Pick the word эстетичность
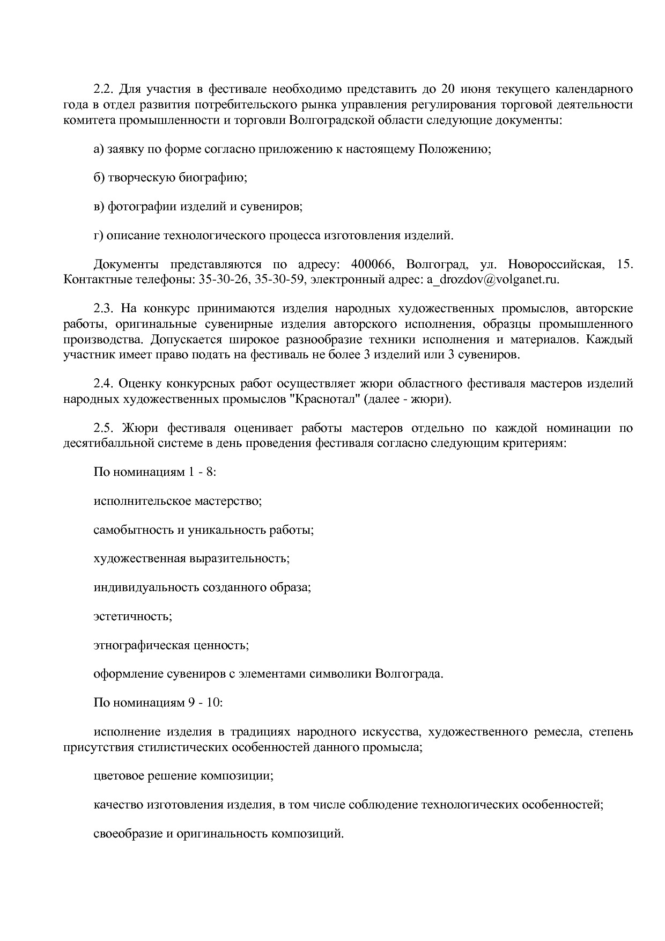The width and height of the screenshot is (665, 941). click(x=133, y=616)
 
